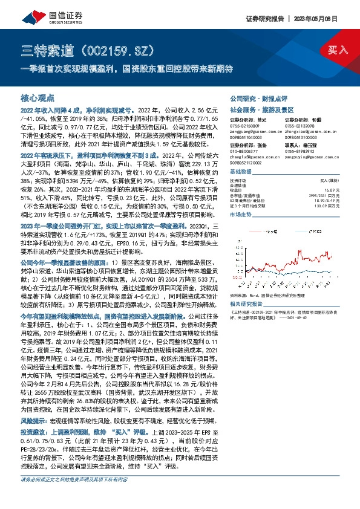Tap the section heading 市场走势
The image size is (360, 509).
pyautogui.click(x=240, y=215)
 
